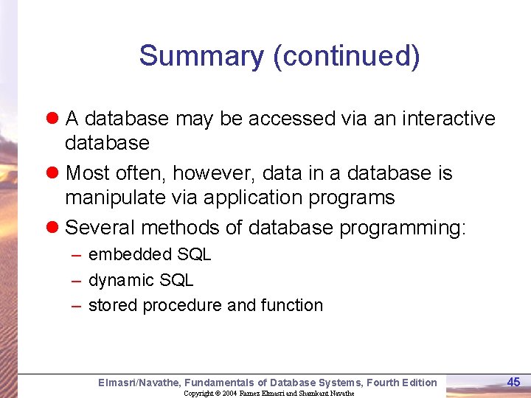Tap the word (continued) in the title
coord(347,56)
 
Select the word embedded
coord(121,255)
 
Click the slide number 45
coord(514,382)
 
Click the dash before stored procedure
coord(76,305)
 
